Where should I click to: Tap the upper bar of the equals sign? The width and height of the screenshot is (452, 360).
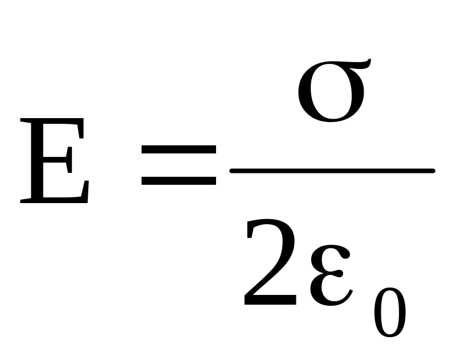[x=178, y=150]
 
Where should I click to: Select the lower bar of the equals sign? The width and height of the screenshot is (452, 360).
[x=178, y=181]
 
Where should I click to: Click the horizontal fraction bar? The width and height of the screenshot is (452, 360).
[x=332, y=171]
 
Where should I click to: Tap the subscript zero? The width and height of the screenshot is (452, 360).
[x=390, y=314]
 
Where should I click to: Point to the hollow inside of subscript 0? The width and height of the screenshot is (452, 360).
[x=390, y=314]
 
